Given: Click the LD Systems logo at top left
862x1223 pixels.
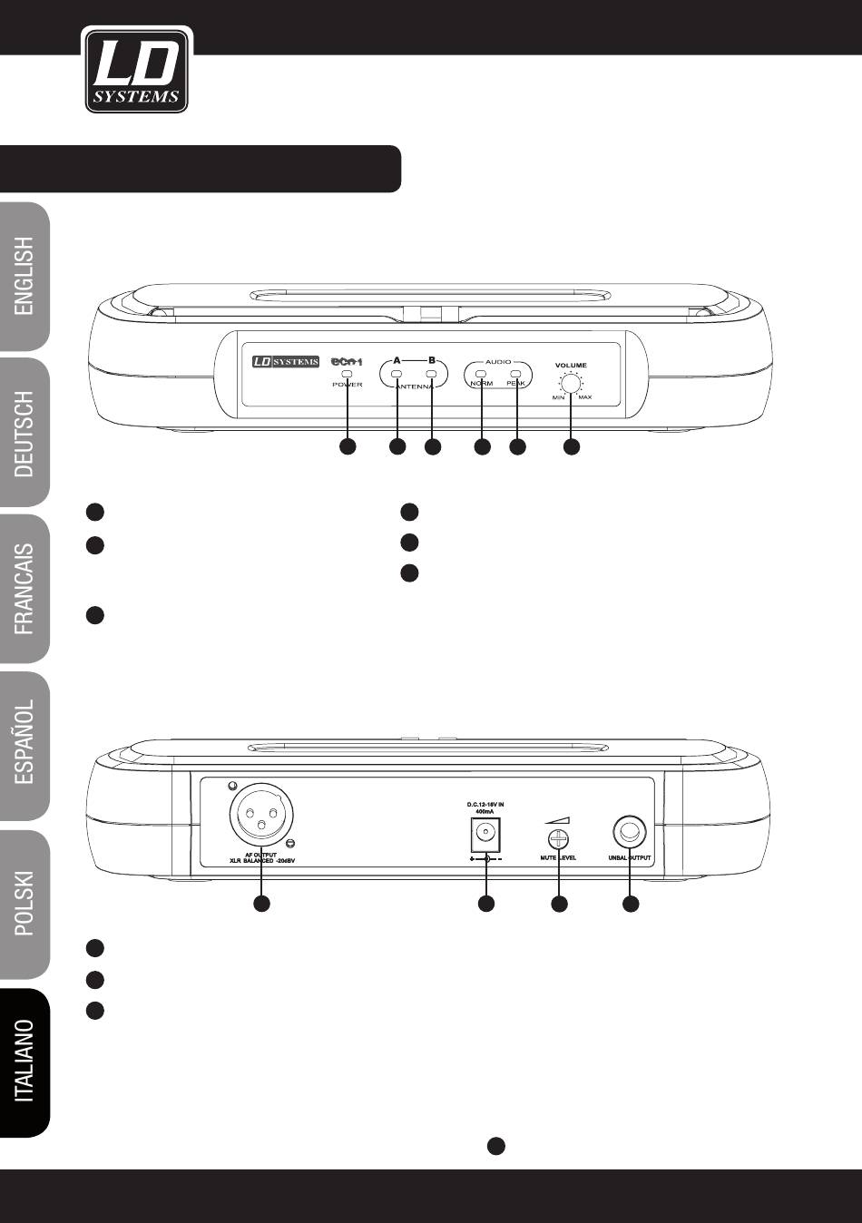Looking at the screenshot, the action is tap(136, 70).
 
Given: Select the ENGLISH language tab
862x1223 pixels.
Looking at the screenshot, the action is tap(25, 276).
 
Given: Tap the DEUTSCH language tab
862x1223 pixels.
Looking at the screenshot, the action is tap(25, 434).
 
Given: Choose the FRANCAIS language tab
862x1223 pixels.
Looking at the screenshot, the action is tap(25, 589).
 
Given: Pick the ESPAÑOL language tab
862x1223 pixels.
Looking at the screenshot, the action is tap(25, 748).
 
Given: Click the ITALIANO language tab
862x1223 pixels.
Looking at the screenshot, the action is tap(25, 1061).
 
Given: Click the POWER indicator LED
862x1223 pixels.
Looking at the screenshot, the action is tap(347, 373).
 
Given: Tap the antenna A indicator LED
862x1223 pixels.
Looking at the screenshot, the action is tap(397, 373).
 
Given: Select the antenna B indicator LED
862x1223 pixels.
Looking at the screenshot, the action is tap(432, 373).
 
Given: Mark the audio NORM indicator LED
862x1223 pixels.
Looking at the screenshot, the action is tap(482, 373).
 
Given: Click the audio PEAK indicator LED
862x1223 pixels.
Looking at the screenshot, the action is tap(516, 373).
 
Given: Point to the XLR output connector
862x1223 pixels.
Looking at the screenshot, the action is tap(260, 814).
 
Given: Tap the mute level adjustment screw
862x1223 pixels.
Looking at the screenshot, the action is tap(559, 837).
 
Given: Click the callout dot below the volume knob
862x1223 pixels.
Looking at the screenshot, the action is tap(571, 446).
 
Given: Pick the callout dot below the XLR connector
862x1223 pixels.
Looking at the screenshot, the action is tap(260, 904).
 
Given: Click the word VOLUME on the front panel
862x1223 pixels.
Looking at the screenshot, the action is tap(571, 365).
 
